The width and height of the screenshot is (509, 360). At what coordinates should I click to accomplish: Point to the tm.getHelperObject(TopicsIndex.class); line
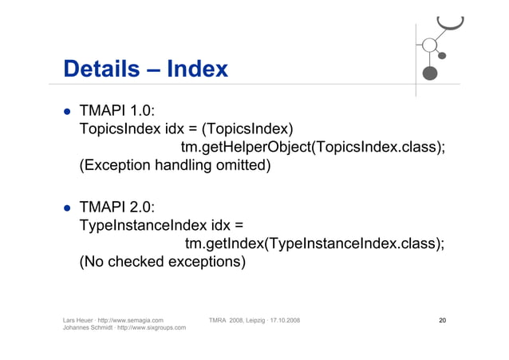(x=312, y=148)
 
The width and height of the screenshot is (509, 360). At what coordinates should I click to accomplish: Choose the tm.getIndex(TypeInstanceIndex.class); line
(x=314, y=244)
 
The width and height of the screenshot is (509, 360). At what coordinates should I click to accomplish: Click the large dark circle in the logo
(x=430, y=73)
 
